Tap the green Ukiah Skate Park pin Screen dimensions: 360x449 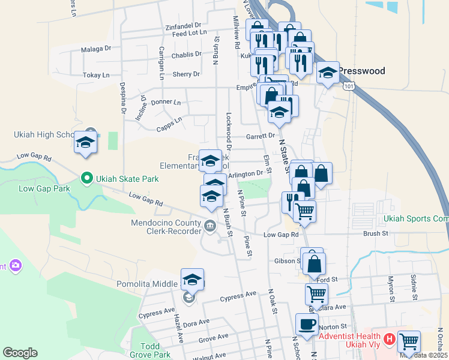86,178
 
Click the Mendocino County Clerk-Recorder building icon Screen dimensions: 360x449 210,226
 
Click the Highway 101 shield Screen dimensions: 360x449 349,87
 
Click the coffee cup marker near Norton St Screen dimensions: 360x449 307,324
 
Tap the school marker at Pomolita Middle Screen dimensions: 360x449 192,279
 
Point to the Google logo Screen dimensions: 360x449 20,352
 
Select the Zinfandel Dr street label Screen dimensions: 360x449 183,26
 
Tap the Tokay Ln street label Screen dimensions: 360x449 96,75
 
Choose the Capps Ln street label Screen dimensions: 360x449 169,124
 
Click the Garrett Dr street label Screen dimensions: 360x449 259,136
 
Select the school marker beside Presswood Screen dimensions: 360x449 328,73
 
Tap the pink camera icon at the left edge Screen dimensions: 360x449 15,265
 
